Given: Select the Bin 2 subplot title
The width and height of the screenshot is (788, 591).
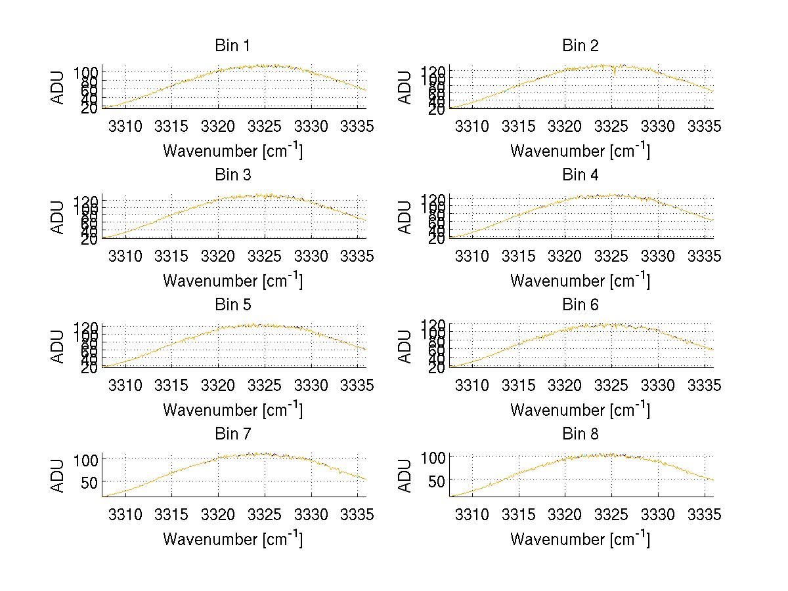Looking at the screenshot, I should click(580, 46).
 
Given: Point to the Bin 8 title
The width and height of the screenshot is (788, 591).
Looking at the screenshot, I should click(580, 434).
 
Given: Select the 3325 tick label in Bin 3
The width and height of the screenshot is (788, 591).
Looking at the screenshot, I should click(265, 256).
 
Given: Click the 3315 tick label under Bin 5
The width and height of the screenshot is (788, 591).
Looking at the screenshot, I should click(171, 385).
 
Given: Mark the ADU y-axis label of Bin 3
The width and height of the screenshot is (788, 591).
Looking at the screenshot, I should click(58, 217).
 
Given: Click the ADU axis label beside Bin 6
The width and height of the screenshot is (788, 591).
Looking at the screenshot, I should click(406, 346).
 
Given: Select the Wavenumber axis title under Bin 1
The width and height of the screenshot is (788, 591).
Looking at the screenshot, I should click(232, 151).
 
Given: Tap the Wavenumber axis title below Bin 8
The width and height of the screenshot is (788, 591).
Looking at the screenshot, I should click(580, 539).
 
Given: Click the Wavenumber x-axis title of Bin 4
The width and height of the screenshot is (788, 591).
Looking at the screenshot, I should click(580, 280).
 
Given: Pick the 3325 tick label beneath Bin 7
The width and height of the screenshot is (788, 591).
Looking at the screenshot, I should click(265, 515).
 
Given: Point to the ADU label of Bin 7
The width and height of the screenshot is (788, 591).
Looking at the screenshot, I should click(58, 476).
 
